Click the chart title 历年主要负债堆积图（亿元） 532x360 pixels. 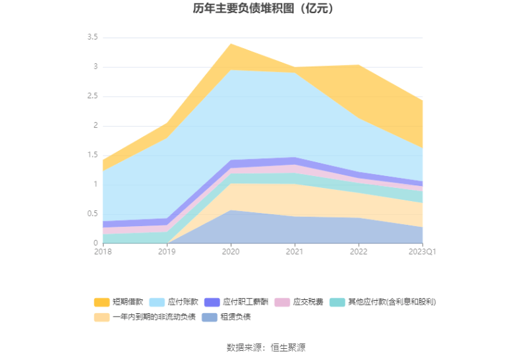[266, 9]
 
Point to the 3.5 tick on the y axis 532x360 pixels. [92, 38]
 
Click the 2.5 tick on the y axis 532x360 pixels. [92, 96]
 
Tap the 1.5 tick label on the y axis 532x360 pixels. [92, 155]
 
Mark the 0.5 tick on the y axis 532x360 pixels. [92, 214]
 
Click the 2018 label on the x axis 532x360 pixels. [103, 251]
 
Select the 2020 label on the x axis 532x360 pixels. [231, 251]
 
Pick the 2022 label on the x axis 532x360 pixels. [359, 251]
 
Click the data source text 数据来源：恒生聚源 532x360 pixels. [266, 347]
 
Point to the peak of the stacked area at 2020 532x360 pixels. [231, 44]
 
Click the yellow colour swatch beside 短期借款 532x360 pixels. [102, 302]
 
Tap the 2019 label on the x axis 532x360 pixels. [167, 251]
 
